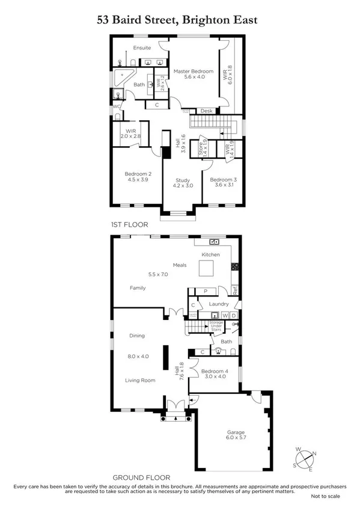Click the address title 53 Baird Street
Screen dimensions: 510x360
tap(177, 20)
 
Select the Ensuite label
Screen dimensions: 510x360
tap(142, 48)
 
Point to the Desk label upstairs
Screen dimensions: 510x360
tap(207, 111)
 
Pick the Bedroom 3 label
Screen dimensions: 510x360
tap(222, 180)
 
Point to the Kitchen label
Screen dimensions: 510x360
tap(210, 254)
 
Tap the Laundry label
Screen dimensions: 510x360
tap(219, 304)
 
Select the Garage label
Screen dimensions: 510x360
tap(236, 432)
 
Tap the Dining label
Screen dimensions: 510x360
tap(137, 336)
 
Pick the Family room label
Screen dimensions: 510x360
tap(138, 288)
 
